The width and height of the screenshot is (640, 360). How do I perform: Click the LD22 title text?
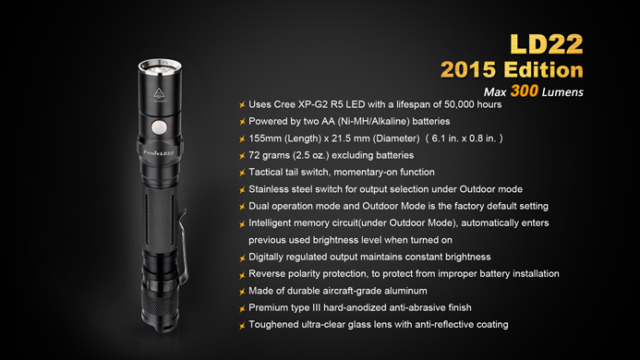547,43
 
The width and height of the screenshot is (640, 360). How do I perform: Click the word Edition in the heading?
543,69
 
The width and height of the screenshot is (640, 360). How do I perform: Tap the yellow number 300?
524,90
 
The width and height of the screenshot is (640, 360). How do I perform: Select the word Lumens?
562,92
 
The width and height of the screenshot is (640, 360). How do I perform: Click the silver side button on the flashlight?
159,127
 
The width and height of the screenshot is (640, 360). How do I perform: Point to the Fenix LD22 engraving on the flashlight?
159,153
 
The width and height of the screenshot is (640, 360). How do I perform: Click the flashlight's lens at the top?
160,66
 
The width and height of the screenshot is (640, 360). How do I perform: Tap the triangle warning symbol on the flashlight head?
159,93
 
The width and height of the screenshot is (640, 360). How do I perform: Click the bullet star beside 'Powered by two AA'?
242,122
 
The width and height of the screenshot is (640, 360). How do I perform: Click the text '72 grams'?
269,155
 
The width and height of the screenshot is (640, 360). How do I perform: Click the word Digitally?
266,258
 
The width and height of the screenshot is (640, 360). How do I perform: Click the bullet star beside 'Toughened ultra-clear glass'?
242,325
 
